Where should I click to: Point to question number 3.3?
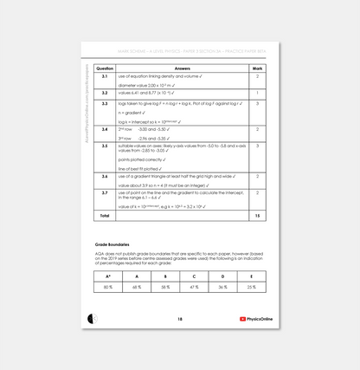pyautogui.click(x=104, y=103)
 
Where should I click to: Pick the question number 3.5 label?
pyautogui.click(x=104, y=146)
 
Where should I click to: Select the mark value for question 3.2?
pyautogui.click(x=257, y=92)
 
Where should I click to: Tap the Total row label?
pyautogui.click(x=105, y=215)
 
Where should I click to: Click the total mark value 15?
pyautogui.click(x=257, y=215)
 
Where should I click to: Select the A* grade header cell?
pyautogui.click(x=108, y=276)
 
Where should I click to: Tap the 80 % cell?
pyautogui.click(x=108, y=287)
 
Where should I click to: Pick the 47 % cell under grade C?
pyautogui.click(x=193, y=287)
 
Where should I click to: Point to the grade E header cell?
pyautogui.click(x=250, y=276)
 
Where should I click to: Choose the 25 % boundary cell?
pyautogui.click(x=250, y=287)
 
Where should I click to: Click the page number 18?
pyautogui.click(x=179, y=319)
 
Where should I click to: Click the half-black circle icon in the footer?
pyautogui.click(x=93, y=319)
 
